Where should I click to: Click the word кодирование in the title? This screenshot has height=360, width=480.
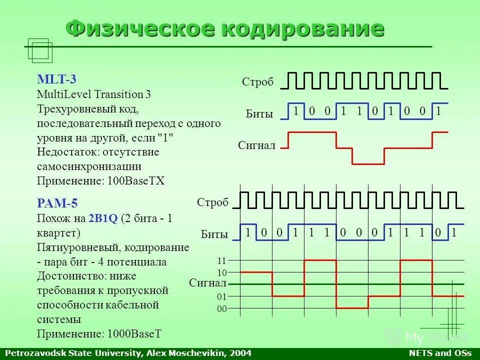tap(303, 28)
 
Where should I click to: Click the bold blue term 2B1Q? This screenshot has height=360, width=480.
tap(103, 218)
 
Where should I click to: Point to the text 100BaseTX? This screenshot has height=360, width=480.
tap(136, 180)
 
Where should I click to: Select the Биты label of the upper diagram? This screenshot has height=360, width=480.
tap(259, 114)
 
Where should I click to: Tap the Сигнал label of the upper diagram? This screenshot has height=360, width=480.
tap(256, 145)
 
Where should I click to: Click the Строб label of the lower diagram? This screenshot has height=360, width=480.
tap(212, 202)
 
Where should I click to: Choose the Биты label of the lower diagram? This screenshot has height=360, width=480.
tap(214, 234)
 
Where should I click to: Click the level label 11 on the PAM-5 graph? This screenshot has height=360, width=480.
tap(222, 260)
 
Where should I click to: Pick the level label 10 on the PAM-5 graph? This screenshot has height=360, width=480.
tap(222, 272)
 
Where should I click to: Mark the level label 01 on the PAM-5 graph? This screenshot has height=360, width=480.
tap(222, 297)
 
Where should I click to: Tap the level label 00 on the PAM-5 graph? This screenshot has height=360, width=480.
tap(222, 309)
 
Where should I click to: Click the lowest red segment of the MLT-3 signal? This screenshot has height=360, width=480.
tap(368, 163)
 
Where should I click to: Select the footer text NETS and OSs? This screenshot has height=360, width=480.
tap(440, 353)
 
